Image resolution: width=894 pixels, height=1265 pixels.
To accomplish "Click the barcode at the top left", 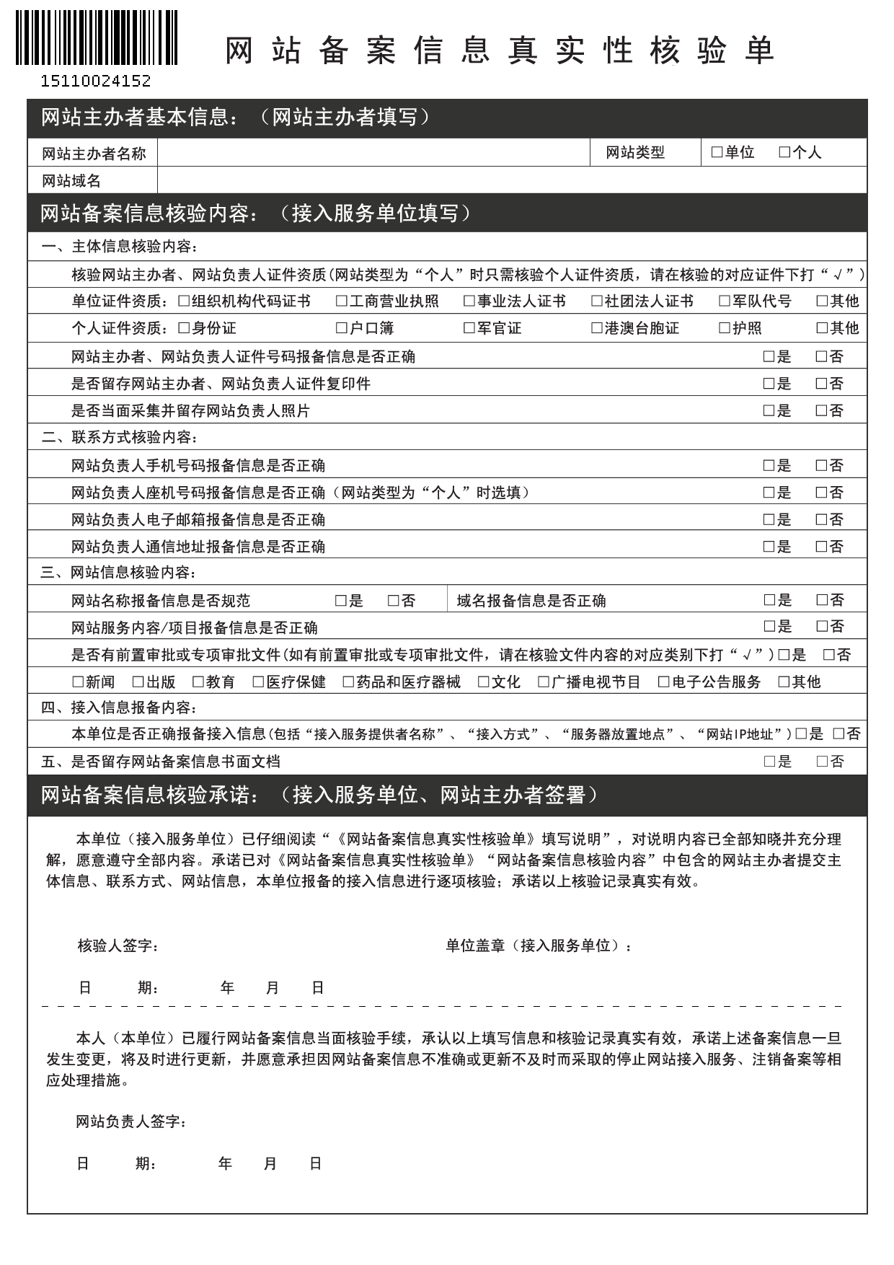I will (96, 38).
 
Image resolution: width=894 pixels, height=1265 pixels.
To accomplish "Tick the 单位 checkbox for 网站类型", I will (717, 152).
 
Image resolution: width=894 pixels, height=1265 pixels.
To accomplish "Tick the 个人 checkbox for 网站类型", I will (784, 152).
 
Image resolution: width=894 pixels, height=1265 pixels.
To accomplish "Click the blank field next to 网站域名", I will (511, 180).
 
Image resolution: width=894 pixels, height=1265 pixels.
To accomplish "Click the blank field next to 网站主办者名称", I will (373, 152).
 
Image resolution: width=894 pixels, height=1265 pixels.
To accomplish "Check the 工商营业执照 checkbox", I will (342, 301).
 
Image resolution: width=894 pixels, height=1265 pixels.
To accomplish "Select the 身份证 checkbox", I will (184, 328).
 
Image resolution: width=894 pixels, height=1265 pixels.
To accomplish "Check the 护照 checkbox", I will (725, 328).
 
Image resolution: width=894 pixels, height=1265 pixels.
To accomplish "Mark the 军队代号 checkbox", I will (725, 301).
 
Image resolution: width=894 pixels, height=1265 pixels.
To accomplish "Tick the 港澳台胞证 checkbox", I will (596, 328).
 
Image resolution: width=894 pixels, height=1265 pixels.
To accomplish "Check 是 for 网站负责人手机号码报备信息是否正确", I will (769, 465).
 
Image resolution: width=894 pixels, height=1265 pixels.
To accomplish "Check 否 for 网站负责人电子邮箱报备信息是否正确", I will (821, 519).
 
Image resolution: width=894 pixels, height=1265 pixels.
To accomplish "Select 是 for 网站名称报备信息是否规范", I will (341, 600).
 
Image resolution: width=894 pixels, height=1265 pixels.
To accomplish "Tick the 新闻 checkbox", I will (78, 682).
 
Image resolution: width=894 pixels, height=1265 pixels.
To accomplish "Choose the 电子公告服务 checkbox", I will (664, 682).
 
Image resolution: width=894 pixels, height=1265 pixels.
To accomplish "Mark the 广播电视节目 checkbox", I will (544, 682).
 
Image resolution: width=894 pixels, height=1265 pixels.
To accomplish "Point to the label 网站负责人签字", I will (132, 1121).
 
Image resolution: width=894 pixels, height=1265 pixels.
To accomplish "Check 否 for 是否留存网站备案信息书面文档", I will (822, 761).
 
